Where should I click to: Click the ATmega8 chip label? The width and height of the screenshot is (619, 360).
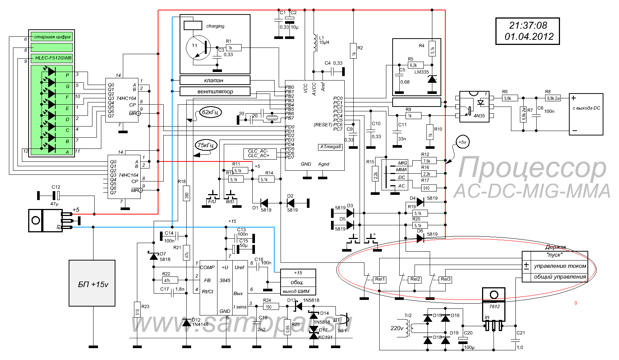(330, 147)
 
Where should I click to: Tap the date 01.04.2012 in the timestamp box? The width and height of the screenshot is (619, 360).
(529, 37)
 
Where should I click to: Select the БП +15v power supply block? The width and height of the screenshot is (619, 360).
(92, 284)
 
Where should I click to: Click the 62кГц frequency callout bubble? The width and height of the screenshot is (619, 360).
(210, 112)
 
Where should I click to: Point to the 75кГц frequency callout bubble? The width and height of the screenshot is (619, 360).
(206, 145)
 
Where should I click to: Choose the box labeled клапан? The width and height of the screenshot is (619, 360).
(214, 80)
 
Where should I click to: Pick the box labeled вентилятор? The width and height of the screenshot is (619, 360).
(214, 91)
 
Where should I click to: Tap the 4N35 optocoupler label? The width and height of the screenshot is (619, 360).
(479, 116)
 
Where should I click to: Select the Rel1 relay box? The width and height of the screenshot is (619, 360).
(380, 279)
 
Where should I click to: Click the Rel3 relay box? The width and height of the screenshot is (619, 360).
(445, 279)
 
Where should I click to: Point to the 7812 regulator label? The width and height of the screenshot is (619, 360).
(494, 307)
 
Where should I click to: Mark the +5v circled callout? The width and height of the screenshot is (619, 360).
(462, 142)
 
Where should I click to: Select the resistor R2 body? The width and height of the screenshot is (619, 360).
(353, 50)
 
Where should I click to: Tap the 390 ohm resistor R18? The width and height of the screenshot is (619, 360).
(187, 195)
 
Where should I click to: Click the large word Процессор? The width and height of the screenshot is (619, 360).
(531, 168)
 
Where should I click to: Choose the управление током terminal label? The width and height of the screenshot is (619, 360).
(560, 266)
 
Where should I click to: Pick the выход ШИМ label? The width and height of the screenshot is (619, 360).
(296, 291)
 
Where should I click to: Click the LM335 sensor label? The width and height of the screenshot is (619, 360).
(422, 72)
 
